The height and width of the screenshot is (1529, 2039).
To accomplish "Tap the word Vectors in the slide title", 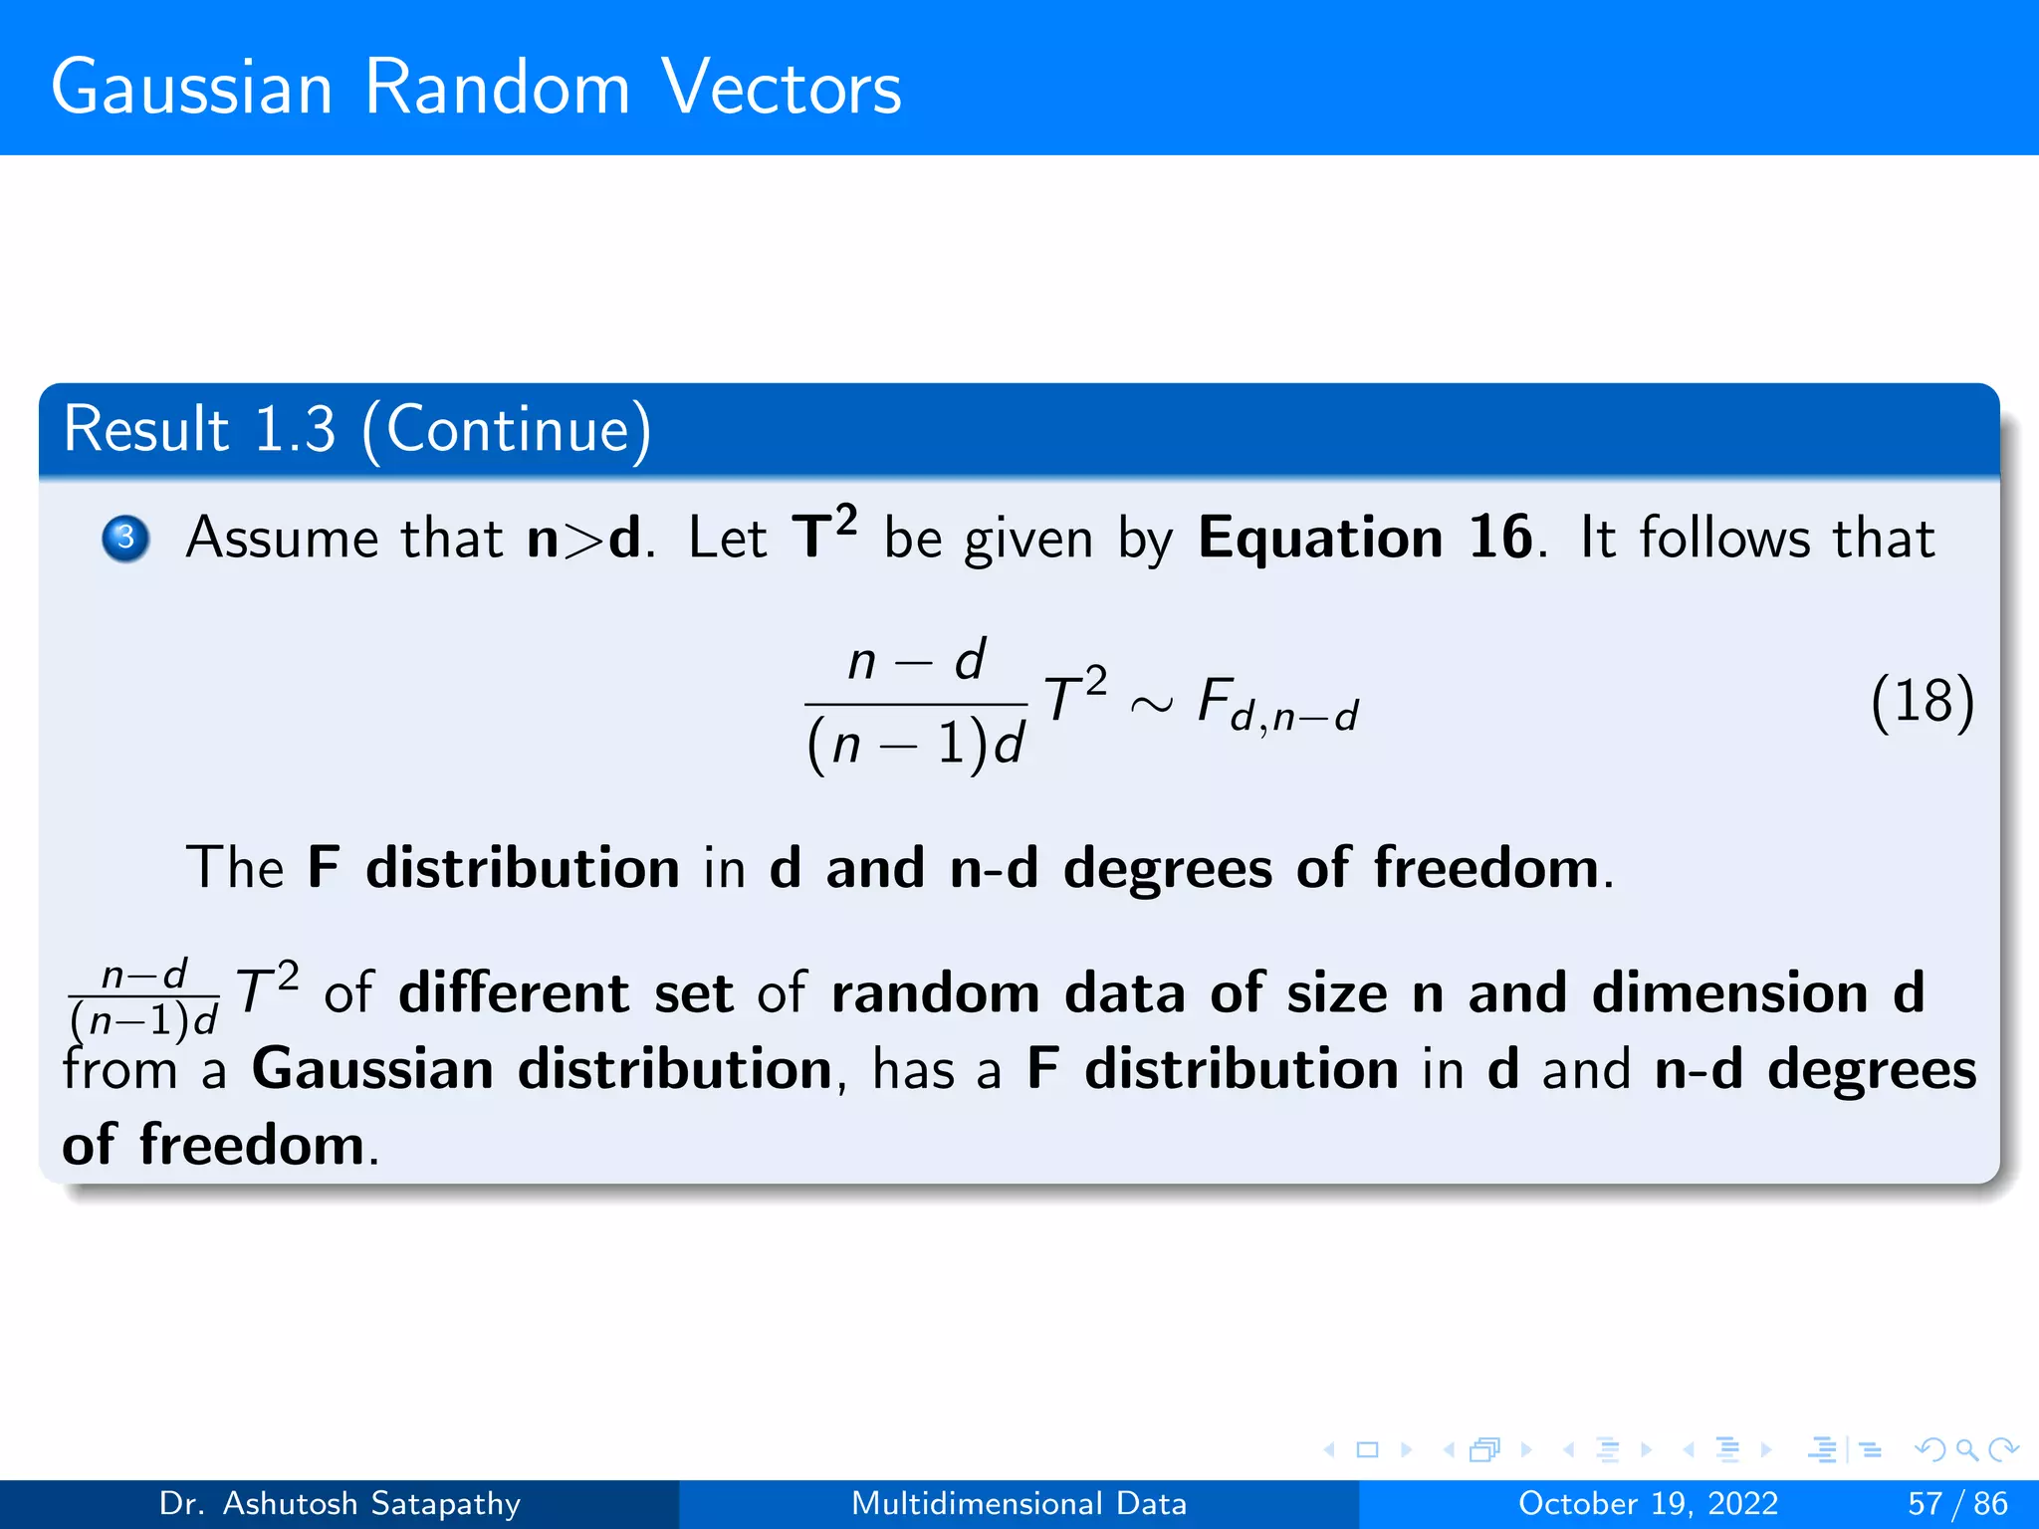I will tap(782, 88).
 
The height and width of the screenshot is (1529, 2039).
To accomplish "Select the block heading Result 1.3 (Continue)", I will tap(356, 429).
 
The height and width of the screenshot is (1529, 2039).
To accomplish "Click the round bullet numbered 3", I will tap(125, 539).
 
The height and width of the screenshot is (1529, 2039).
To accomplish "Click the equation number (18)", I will tap(1922, 702).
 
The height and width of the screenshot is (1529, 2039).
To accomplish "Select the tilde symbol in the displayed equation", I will tap(1152, 705).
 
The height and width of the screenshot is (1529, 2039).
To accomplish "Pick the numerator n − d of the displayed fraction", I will tap(916, 661).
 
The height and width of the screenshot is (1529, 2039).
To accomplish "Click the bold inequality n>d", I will tap(583, 539).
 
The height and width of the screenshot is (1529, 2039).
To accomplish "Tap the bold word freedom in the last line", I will tap(252, 1145).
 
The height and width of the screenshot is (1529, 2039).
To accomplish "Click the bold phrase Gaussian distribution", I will tap(542, 1069).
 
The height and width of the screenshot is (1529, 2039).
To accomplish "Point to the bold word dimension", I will tap(1729, 992).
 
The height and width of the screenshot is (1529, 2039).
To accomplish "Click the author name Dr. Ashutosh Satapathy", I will tap(340, 1503).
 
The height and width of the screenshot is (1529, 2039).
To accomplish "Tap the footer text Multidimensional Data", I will tap(1019, 1503).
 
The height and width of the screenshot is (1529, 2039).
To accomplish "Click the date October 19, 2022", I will tap(1648, 1503).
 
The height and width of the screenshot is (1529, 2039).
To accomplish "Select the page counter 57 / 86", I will tap(1957, 1503).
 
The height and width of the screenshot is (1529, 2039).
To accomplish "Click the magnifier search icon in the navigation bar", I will tap(1966, 1449).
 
